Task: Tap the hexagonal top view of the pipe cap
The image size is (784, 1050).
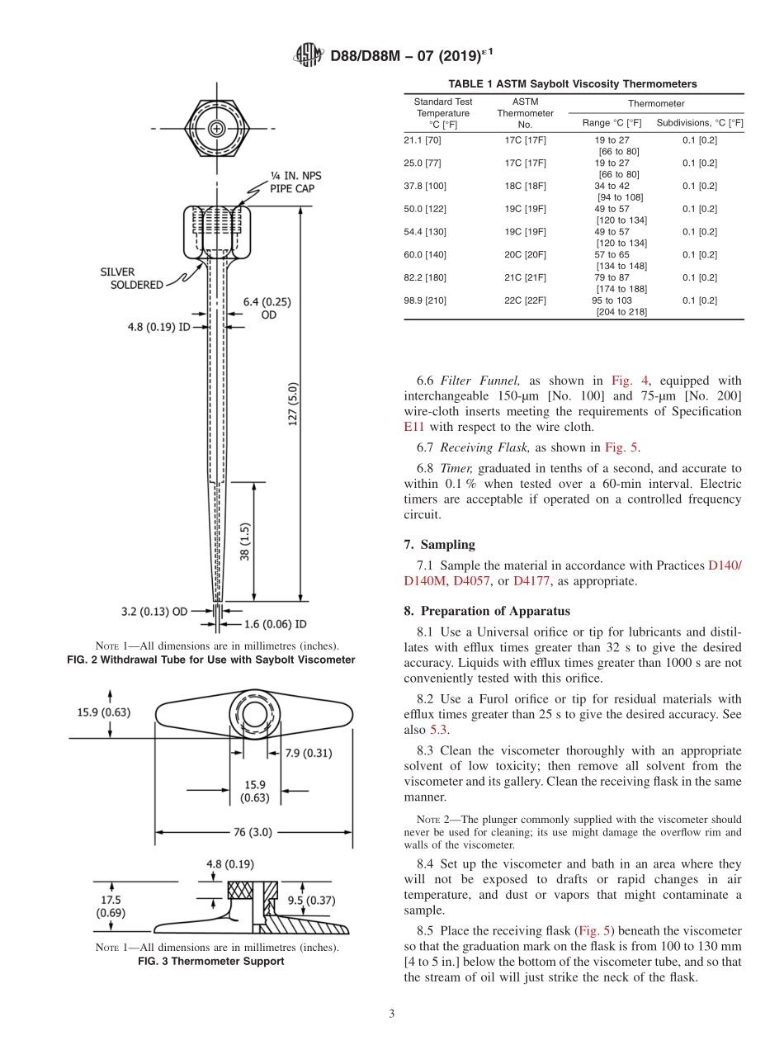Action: pyautogui.click(x=216, y=129)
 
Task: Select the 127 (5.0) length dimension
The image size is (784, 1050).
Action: pyautogui.click(x=294, y=404)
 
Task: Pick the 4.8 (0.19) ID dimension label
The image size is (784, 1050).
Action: pyautogui.click(x=158, y=327)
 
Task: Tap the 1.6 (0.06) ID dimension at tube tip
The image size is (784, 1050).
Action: pyautogui.click(x=265, y=624)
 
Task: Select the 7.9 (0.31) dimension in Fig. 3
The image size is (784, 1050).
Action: pyautogui.click(x=308, y=752)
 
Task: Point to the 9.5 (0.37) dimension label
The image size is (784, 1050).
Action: pyautogui.click(x=310, y=901)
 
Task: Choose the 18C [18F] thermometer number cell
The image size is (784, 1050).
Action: pyautogui.click(x=525, y=186)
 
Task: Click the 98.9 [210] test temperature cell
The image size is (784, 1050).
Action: pyautogui.click(x=425, y=300)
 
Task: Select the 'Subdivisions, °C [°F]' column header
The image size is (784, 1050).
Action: pyautogui.click(x=699, y=123)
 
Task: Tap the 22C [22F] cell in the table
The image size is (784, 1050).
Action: pyautogui.click(x=525, y=300)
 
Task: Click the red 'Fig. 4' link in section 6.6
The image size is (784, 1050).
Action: pyautogui.click(x=630, y=381)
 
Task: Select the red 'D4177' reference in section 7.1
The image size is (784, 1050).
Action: pyautogui.click(x=531, y=581)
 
